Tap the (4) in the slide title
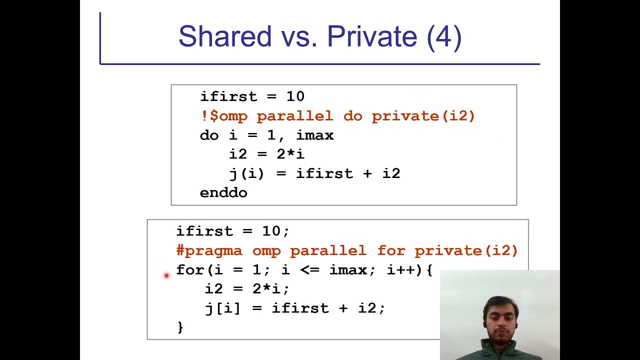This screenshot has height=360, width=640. pos(444,36)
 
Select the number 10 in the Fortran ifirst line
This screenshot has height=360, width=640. pos(295,96)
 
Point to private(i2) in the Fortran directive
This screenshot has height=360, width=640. pos(423,116)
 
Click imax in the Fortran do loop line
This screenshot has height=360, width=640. pos(314,135)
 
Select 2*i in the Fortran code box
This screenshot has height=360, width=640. pos(290,154)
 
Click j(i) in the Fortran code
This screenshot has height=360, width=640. pos(246,174)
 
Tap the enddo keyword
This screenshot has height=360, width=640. pos(223,193)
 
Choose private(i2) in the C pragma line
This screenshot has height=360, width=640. pos(466,250)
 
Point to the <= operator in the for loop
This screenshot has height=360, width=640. pos(309,270)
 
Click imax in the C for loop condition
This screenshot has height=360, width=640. pos(348,270)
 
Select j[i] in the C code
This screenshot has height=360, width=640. pos(222,308)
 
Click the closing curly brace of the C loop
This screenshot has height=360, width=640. pos(180,327)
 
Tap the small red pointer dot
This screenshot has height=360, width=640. pos(166,275)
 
